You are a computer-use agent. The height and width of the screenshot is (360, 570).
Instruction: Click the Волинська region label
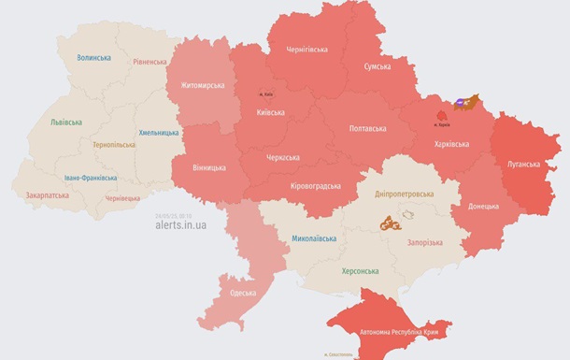[x=93, y=58]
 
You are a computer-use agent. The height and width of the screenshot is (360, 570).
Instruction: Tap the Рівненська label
[x=150, y=62]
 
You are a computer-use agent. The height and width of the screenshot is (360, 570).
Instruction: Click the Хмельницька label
[x=159, y=133]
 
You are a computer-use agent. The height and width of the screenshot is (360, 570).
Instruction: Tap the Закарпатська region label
[x=47, y=196]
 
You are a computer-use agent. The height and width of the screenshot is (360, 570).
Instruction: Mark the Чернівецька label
[x=122, y=198]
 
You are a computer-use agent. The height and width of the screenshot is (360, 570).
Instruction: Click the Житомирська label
[x=197, y=86]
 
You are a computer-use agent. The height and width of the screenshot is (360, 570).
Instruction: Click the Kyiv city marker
[x=264, y=94]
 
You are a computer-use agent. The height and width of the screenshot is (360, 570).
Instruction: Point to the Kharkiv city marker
[x=441, y=118]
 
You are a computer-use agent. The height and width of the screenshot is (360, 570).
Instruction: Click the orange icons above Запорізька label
[x=389, y=223]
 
